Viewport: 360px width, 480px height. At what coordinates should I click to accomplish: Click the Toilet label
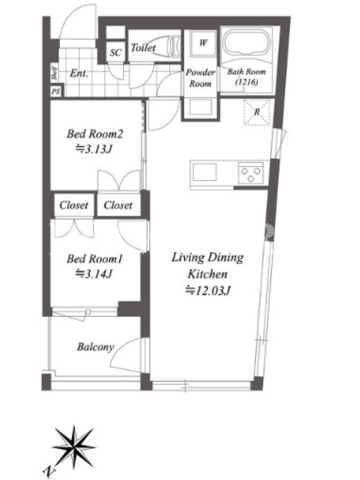coord(143,47)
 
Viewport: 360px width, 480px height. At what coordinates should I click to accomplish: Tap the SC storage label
coord(115,53)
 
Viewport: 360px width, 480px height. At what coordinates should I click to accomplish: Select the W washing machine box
coord(203,43)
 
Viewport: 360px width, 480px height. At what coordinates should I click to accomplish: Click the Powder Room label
coord(200,78)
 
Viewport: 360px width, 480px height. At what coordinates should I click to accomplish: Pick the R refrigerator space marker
coord(257,112)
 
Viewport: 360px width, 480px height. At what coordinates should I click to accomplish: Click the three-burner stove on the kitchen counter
coord(251,173)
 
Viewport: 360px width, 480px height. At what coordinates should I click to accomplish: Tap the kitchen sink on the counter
coord(205,172)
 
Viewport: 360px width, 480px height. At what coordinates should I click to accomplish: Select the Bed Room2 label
coord(95,134)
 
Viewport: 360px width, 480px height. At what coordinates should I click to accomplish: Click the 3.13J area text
coord(94,149)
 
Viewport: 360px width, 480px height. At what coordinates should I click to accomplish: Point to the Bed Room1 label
coord(95,259)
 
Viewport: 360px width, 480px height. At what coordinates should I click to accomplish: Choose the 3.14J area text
coord(94,274)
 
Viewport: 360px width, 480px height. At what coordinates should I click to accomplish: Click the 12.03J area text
coord(208,290)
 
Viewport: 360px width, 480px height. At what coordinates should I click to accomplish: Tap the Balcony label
coord(95,347)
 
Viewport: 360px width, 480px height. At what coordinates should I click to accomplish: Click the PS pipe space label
coord(56,92)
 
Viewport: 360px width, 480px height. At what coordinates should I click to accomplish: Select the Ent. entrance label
coord(79,73)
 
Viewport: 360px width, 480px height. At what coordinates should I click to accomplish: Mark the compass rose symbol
coord(74,447)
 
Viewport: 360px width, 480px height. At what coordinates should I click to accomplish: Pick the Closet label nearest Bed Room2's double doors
coord(118,205)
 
